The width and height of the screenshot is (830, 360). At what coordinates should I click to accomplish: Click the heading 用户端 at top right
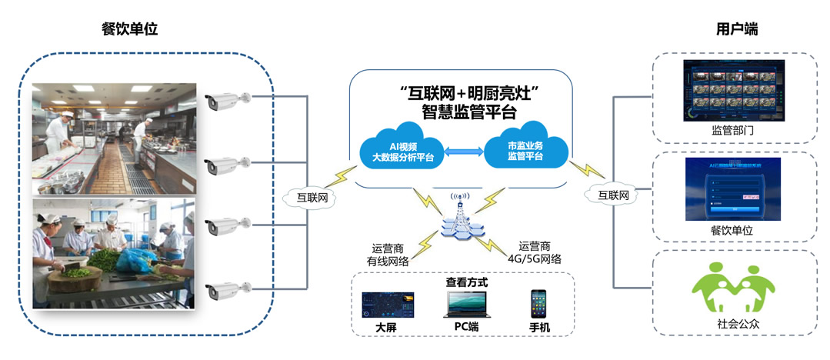click(x=736, y=29)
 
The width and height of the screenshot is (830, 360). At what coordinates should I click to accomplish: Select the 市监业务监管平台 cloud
click(x=525, y=151)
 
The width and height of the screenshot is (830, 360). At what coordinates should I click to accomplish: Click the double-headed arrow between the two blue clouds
click(x=464, y=152)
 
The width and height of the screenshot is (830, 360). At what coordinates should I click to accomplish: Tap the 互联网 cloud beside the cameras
click(x=312, y=198)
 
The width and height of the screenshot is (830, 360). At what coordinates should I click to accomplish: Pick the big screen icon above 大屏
click(x=388, y=305)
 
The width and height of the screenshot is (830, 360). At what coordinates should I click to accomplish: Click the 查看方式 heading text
click(x=466, y=282)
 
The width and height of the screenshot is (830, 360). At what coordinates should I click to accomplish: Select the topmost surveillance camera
click(x=228, y=98)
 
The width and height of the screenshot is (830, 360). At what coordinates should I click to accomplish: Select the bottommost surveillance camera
click(x=228, y=290)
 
